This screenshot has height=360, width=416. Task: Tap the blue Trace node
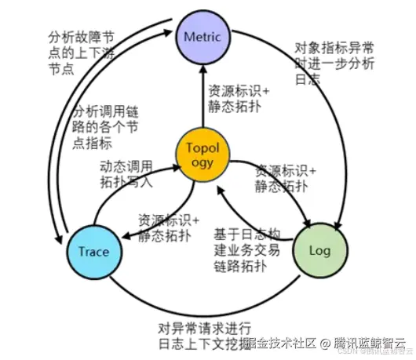[x=93, y=252]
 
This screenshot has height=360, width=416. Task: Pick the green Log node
[x=319, y=252]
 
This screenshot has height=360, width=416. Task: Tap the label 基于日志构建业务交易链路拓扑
[x=250, y=249]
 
